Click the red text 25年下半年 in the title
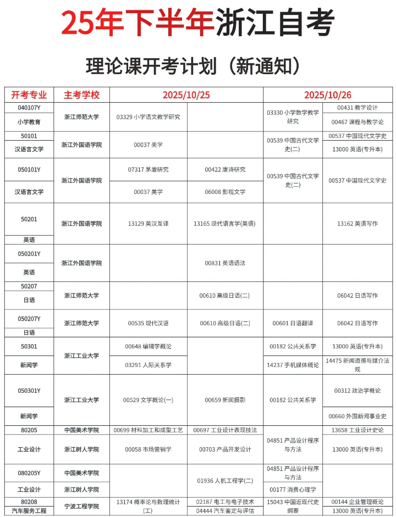(137, 23)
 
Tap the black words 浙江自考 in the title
(274, 23)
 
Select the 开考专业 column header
(29, 94)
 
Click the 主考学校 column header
(81, 94)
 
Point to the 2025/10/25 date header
(186, 94)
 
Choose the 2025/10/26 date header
(328, 94)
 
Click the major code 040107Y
(29, 108)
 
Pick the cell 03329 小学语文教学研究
(148, 117)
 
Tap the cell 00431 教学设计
(358, 108)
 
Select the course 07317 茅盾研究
(148, 170)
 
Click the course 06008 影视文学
(225, 192)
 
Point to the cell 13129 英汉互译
(148, 224)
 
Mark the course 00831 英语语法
(225, 263)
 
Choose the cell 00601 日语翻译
(293, 323)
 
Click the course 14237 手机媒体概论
(293, 365)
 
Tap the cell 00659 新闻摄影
(225, 400)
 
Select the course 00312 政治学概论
(358, 391)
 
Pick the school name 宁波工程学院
(81, 506)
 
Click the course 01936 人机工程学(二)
(225, 481)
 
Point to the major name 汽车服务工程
(29, 511)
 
